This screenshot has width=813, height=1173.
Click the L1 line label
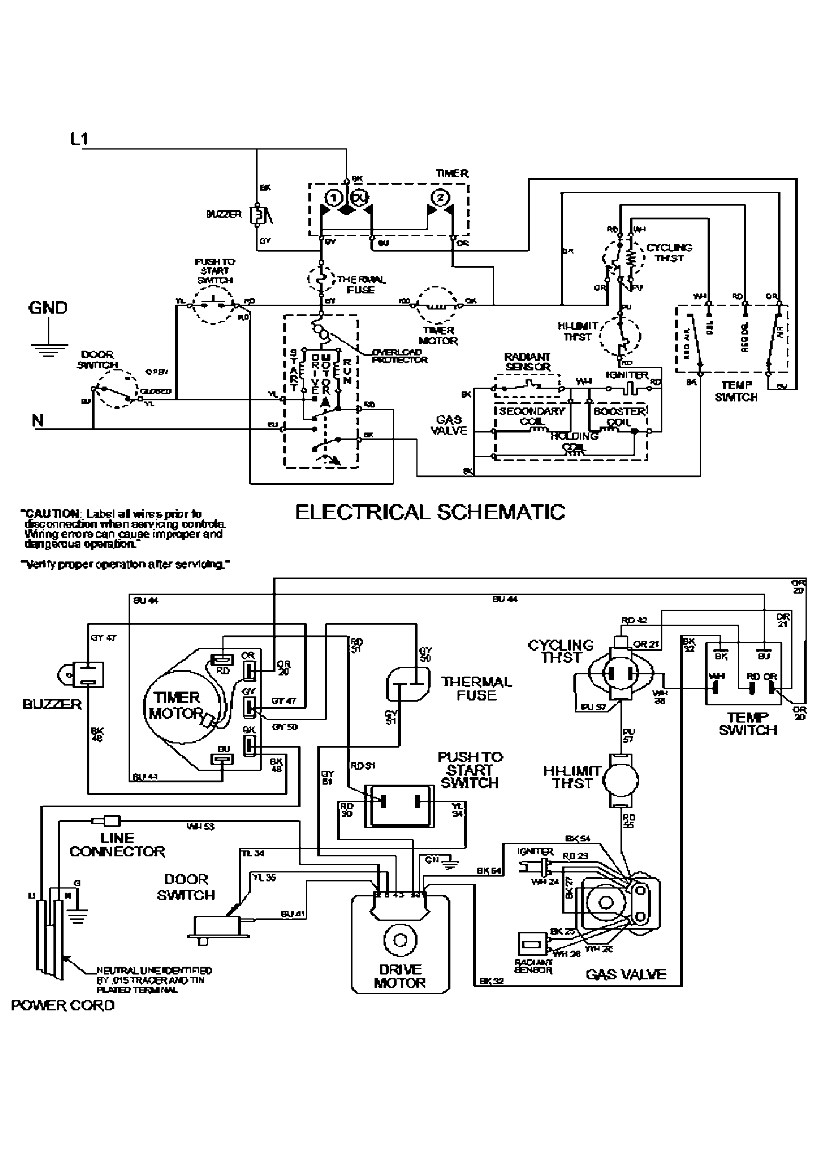coord(79,139)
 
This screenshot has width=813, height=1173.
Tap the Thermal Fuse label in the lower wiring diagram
coord(476,689)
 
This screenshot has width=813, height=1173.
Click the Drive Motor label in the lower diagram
coord(400,976)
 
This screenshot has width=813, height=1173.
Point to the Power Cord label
coord(63,1006)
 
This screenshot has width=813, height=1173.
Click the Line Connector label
coord(117,845)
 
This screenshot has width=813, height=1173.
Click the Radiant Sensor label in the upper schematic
coord(527,361)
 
